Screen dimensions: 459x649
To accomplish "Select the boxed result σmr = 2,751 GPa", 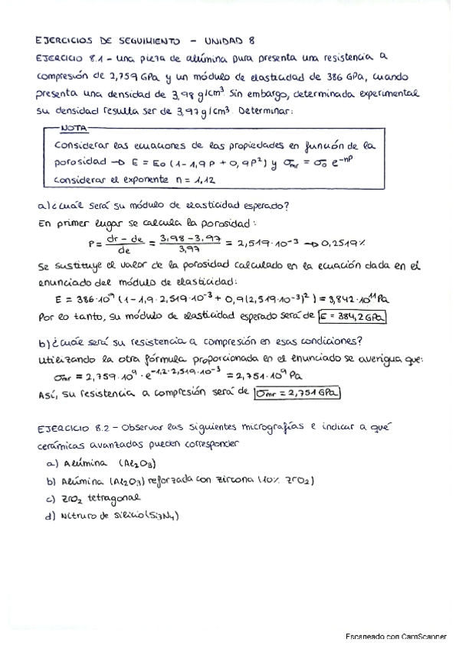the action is pyautogui.click(x=298, y=393).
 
